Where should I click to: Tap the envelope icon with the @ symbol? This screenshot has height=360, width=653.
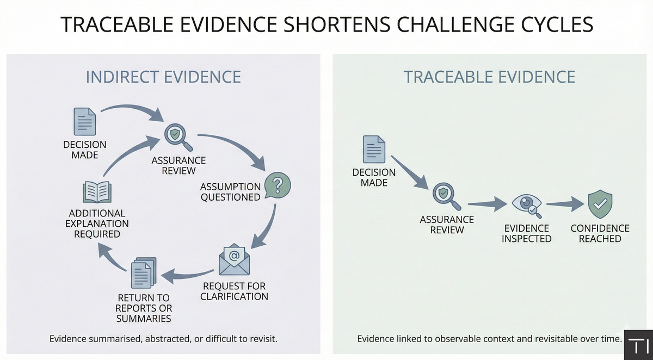tap(234, 260)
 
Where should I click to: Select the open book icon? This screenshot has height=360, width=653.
tap(97, 193)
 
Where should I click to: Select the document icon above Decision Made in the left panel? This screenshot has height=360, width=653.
tap(85, 121)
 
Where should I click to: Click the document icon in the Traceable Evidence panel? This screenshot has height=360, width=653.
tap(374, 149)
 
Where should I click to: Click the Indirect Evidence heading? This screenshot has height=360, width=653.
tap(163, 77)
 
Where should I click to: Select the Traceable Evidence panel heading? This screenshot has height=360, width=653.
tap(489, 77)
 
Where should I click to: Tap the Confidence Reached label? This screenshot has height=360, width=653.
tap(600, 233)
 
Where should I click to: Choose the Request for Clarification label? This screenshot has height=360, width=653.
tap(234, 291)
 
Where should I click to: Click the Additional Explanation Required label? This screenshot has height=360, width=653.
tap(97, 223)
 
